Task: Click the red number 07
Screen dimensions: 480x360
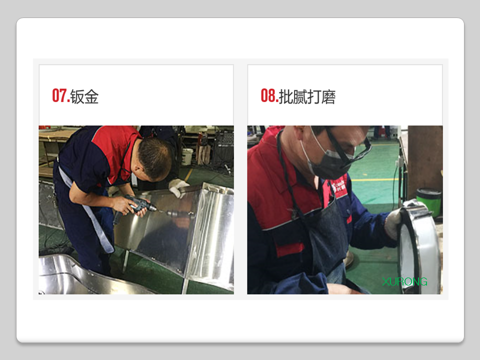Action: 60,95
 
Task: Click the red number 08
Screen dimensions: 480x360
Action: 269,95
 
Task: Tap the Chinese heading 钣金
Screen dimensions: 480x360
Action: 84,96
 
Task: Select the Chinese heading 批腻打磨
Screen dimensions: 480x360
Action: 307,96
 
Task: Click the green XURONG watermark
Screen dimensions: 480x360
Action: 404,281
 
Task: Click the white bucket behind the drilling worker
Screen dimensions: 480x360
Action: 187,156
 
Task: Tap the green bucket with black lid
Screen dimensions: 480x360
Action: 428,202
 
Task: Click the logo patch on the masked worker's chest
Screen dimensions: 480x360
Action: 338,186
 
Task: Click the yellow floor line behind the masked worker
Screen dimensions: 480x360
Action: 375,179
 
